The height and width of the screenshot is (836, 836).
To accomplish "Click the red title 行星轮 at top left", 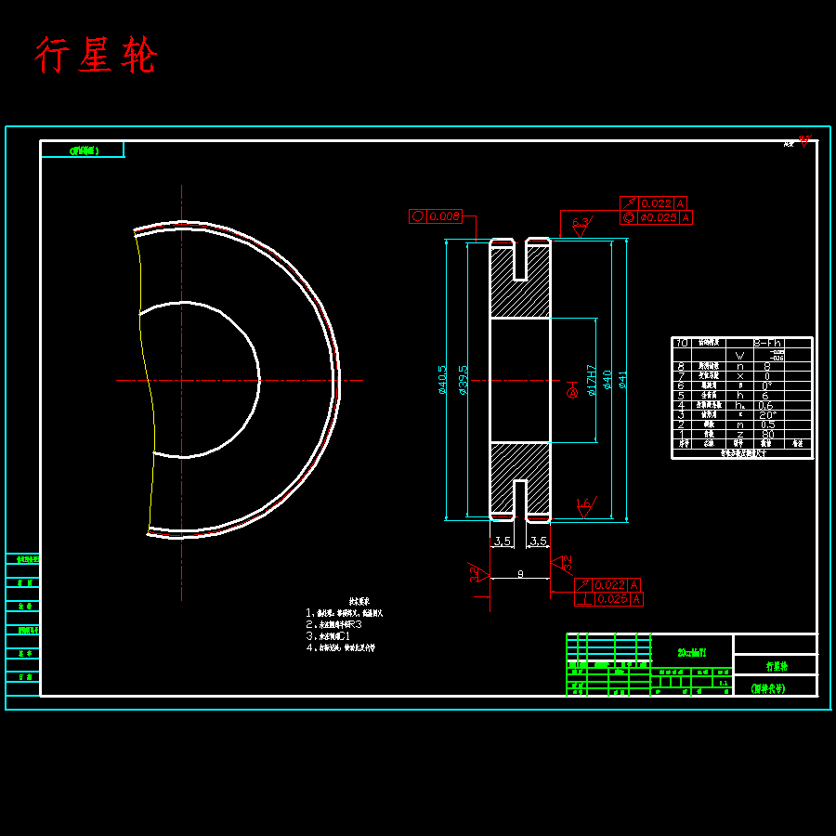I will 96,56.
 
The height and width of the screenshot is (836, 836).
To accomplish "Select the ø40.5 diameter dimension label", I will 443,379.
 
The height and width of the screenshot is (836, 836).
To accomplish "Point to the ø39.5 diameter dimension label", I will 463,379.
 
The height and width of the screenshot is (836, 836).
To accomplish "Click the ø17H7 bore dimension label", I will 591,380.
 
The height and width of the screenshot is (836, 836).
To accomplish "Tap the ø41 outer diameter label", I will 623,379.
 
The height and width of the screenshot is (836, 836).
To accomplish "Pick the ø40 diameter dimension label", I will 607,379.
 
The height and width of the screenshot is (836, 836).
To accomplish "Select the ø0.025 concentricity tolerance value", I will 660,217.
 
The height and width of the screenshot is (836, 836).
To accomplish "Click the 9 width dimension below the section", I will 520,574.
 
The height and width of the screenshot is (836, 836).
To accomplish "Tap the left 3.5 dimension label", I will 502,541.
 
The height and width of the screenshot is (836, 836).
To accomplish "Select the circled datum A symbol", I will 571,393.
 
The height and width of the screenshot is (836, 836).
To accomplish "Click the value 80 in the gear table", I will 767,434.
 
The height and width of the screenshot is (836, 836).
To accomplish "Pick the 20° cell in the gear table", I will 767,415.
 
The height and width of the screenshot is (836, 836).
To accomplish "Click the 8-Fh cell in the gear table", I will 767,343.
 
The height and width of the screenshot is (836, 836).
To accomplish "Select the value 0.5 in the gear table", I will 767,425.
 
